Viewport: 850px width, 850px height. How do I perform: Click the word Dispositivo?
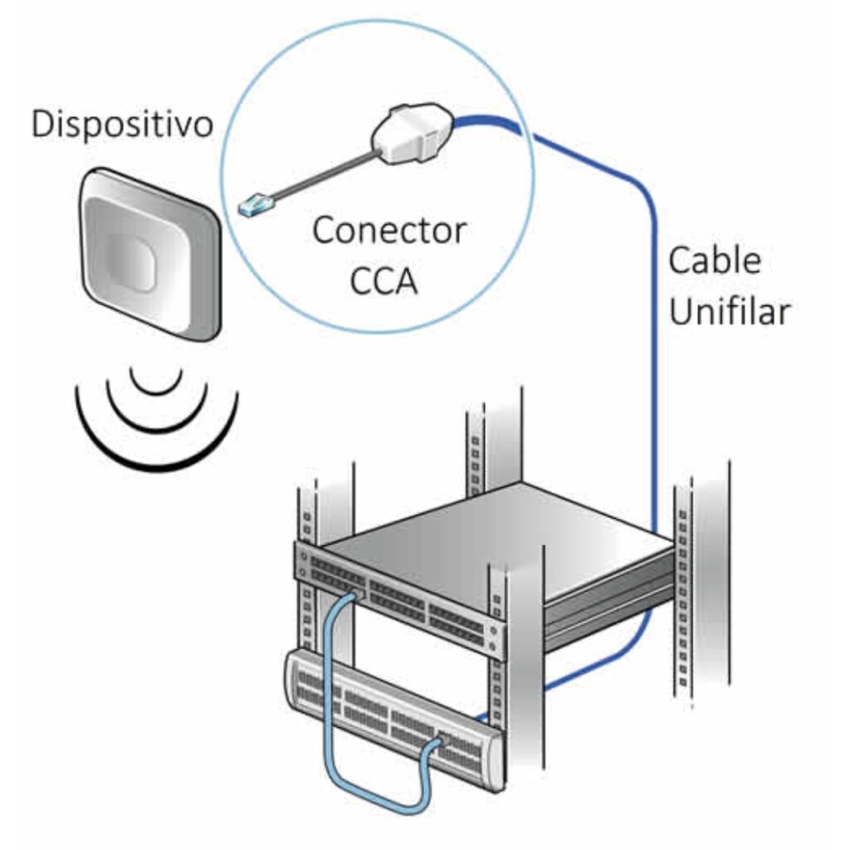tap(122, 125)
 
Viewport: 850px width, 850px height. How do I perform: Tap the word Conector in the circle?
tap(389, 230)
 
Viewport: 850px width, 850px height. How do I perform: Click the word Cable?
tap(715, 261)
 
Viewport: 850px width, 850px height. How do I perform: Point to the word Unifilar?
tap(729, 313)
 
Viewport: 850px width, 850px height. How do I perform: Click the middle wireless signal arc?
tap(155, 411)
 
